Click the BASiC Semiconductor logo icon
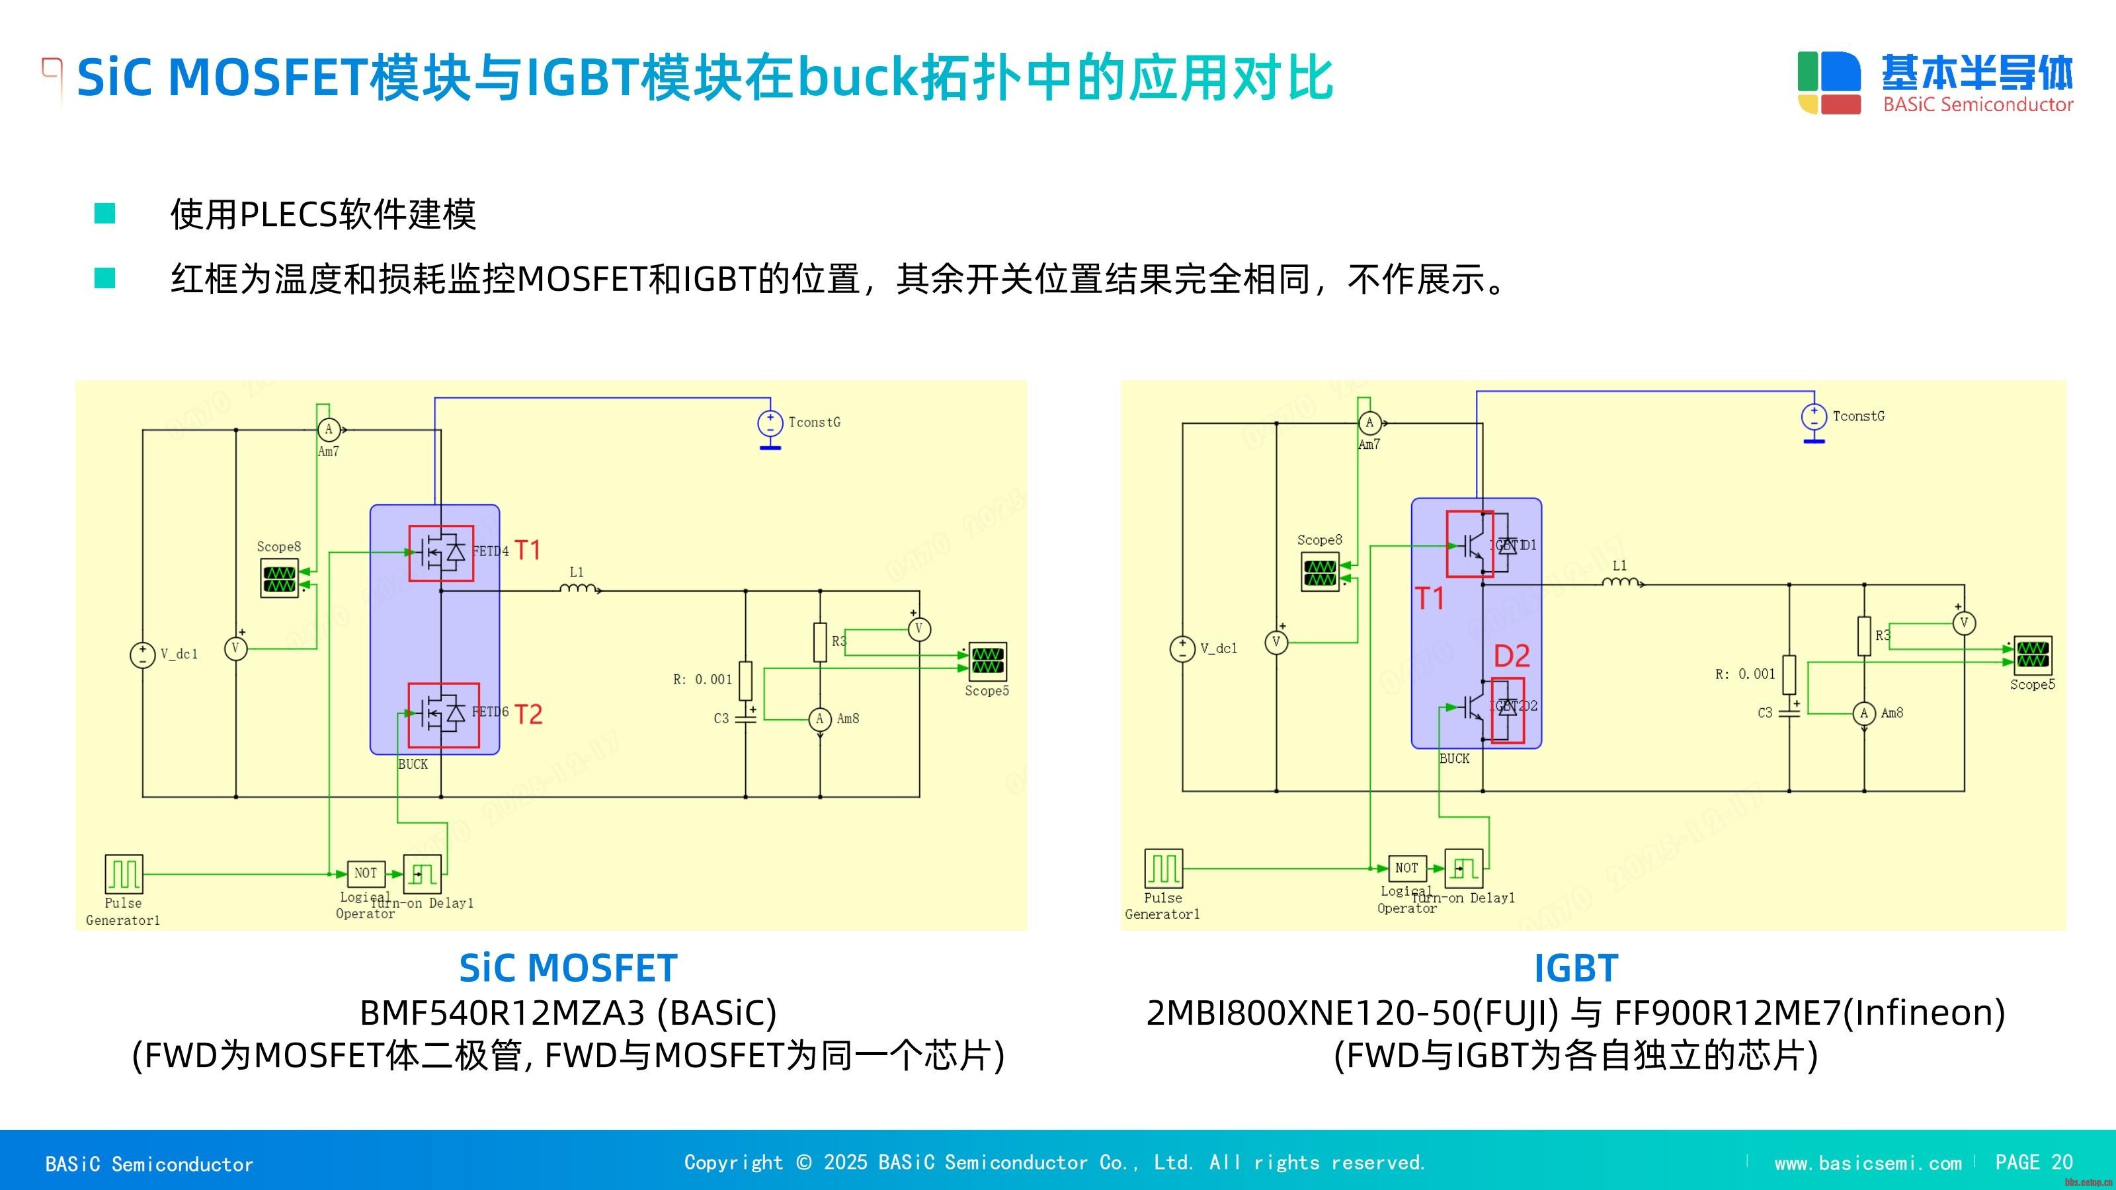coord(1829,83)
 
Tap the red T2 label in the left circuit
coord(529,715)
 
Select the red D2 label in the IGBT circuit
coord(1512,656)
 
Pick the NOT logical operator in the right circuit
coord(1406,867)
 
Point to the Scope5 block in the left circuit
coord(987,661)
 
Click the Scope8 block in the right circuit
coord(1320,572)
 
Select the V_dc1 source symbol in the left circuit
coord(143,654)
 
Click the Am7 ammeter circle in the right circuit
coord(1369,423)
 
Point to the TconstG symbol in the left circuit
coord(770,424)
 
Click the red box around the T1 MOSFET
coord(441,553)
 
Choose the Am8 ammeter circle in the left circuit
coord(820,719)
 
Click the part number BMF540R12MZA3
coord(502,1013)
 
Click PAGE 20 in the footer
coord(2034,1162)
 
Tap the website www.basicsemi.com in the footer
coord(1868,1163)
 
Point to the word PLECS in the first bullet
coord(288,215)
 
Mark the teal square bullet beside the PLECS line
coord(105,214)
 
